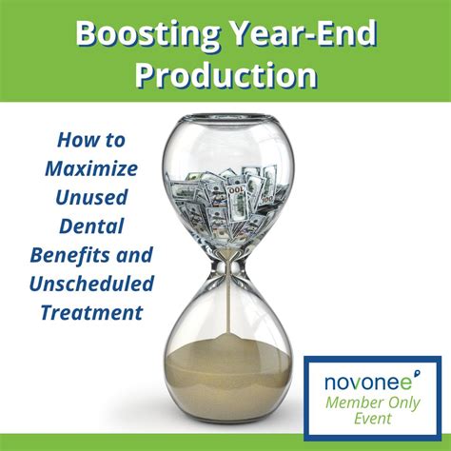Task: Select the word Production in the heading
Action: coord(225,75)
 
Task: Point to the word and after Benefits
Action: coord(133,257)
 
